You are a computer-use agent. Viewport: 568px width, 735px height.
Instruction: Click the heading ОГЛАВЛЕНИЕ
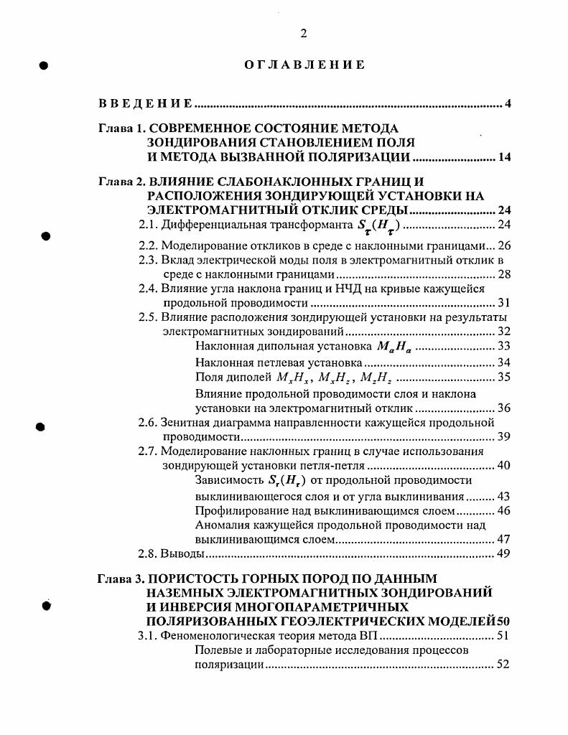[x=304, y=65]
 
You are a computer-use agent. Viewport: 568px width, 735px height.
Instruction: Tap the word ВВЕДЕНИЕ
[x=145, y=105]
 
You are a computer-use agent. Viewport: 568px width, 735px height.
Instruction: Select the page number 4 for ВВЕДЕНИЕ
[x=507, y=105]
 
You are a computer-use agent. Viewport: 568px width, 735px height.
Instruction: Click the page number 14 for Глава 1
[x=504, y=158]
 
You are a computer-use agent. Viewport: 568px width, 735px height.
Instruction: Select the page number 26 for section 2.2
[x=503, y=245]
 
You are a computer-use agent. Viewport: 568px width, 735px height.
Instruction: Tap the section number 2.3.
[x=148, y=260]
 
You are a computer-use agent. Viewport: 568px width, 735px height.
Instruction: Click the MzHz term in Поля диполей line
[x=376, y=378]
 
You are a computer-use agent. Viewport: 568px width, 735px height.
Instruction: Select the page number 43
[x=503, y=496]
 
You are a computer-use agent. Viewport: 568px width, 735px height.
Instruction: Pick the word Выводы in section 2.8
[x=182, y=554]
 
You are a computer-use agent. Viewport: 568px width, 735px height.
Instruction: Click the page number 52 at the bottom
[x=503, y=665]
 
